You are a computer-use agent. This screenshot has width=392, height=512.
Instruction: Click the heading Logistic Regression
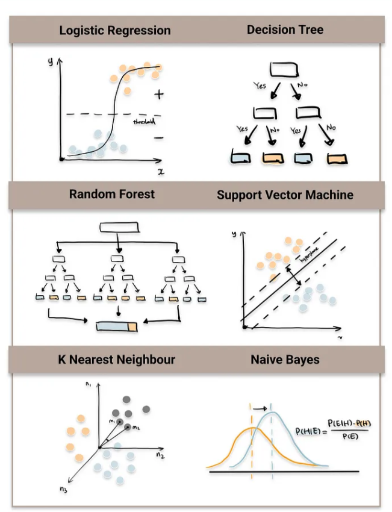114,30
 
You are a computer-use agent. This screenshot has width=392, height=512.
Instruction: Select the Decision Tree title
285,29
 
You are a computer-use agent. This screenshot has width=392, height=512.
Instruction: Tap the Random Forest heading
111,194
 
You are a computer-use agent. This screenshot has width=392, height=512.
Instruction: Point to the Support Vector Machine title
285,195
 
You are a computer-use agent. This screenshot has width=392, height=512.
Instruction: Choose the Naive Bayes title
285,360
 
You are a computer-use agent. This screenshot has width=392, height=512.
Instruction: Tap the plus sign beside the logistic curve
158,94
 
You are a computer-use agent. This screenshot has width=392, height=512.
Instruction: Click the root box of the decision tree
284,70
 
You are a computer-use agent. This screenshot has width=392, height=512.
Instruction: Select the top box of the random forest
119,227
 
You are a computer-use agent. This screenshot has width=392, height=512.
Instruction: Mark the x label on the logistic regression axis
161,171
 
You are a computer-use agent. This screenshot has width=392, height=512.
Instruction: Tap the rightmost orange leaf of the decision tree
337,158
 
